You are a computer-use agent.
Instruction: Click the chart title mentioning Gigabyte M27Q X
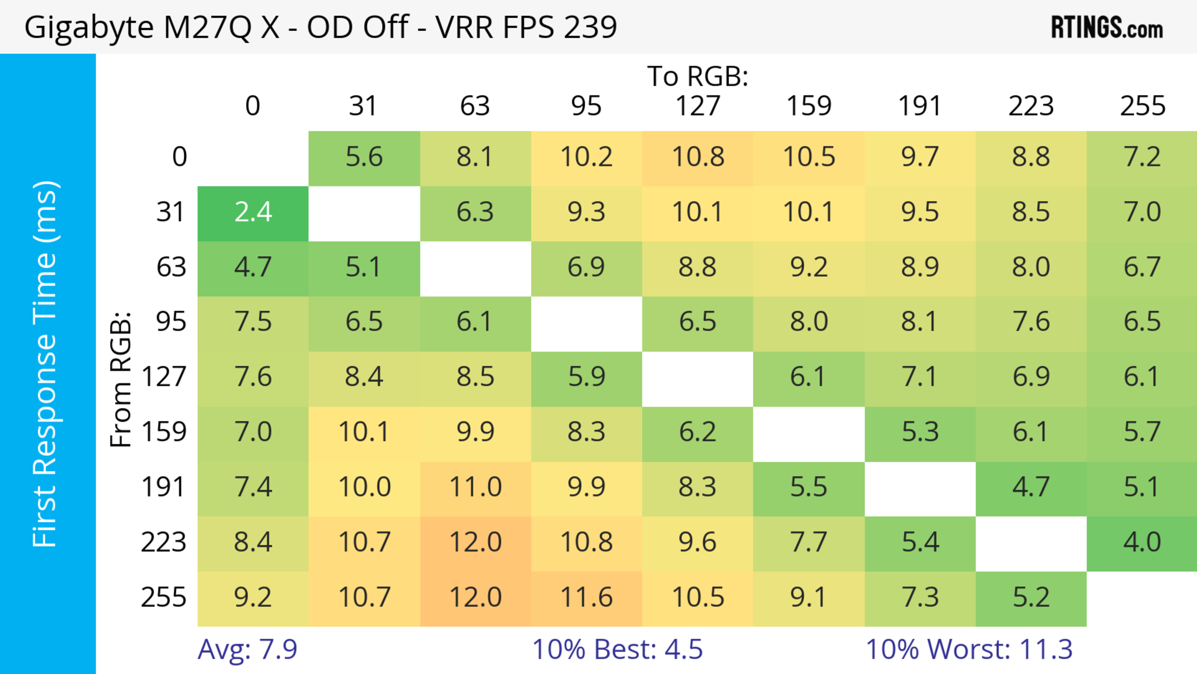pos(321,27)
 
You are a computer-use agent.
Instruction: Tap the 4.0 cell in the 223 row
pos(1142,542)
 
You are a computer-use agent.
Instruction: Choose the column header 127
pos(698,106)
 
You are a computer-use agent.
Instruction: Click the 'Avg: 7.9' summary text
pos(247,649)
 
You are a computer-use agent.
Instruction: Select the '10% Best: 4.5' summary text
pos(617,649)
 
